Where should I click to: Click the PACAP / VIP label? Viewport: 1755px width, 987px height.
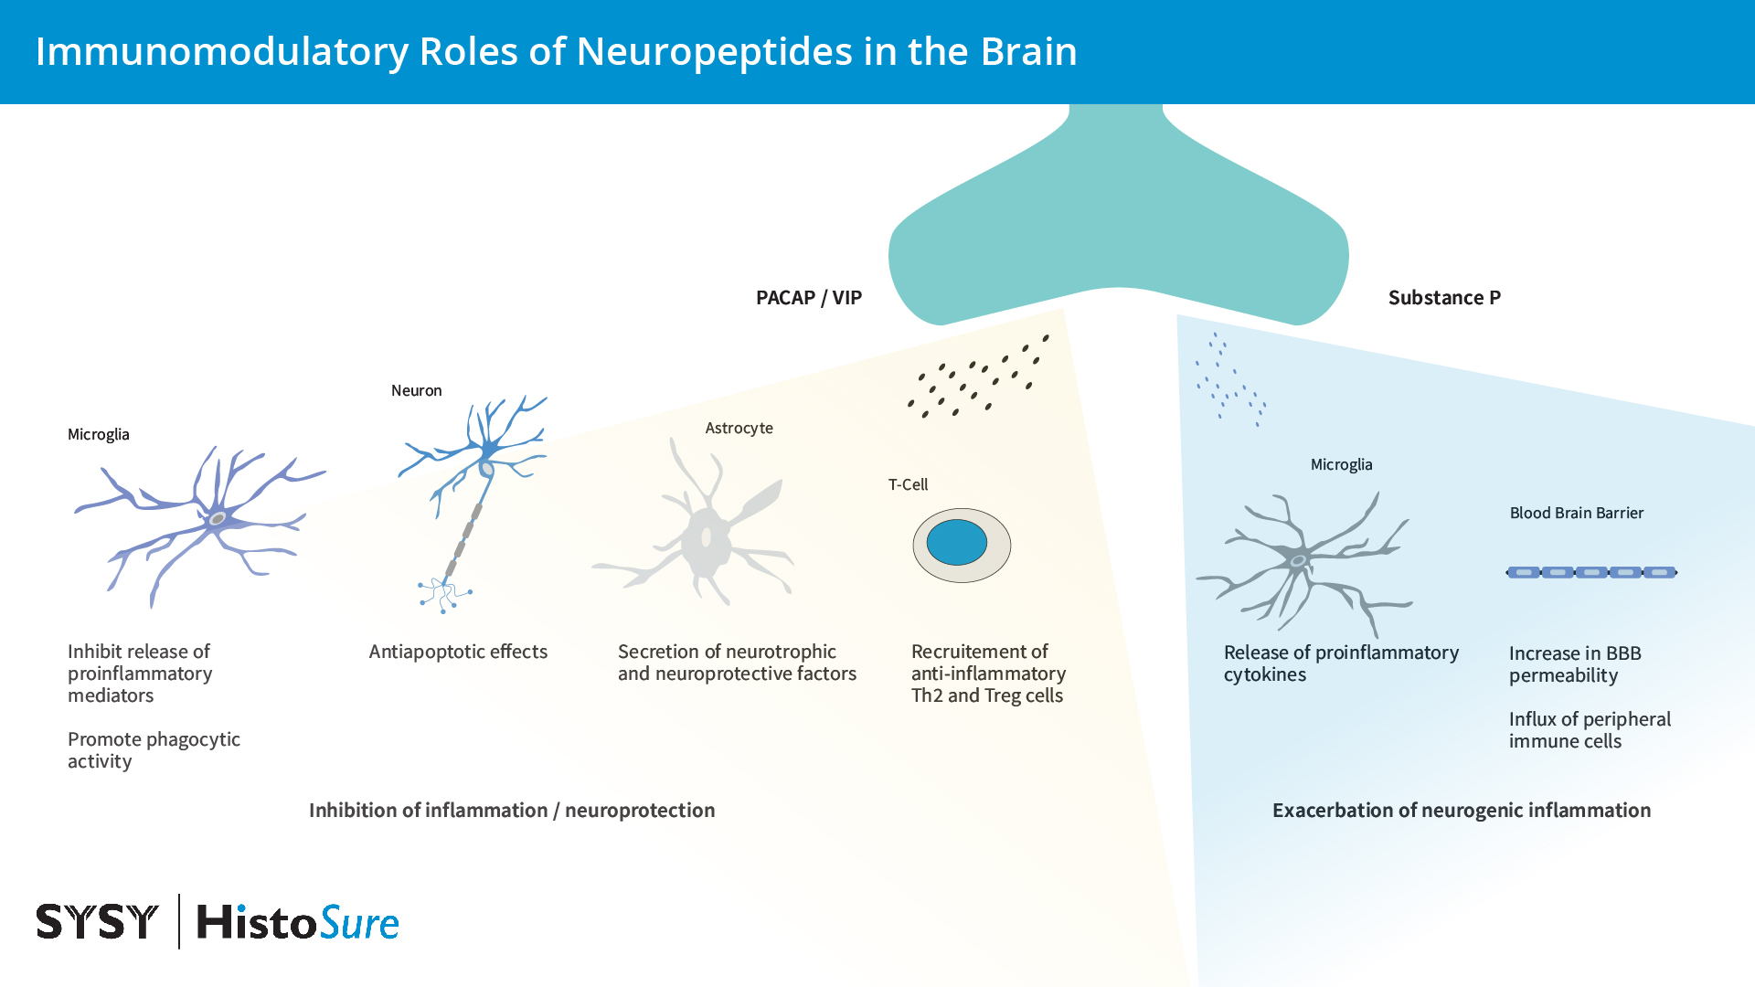(x=808, y=298)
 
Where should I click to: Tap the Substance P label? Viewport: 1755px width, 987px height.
(x=1443, y=298)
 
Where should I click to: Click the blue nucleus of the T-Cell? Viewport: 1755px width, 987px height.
(x=956, y=543)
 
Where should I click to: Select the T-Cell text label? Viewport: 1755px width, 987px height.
(x=908, y=484)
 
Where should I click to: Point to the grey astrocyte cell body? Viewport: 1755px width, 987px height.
(x=705, y=542)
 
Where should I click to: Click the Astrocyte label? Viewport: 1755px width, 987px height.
(x=739, y=428)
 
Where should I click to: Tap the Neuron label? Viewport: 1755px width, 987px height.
(x=416, y=390)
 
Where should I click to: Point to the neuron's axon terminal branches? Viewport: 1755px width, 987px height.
(x=444, y=594)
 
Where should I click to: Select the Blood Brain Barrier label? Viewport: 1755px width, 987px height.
(x=1576, y=513)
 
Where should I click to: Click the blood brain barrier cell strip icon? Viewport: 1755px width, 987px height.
(x=1591, y=572)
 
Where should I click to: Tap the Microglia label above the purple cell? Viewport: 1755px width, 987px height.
(x=98, y=434)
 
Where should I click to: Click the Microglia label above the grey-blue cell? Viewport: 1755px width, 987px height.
(x=1341, y=464)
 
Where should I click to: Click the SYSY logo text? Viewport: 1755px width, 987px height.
(x=97, y=921)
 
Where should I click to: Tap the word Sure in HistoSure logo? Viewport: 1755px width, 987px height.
(x=359, y=923)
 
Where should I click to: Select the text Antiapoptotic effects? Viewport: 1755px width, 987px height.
(x=458, y=652)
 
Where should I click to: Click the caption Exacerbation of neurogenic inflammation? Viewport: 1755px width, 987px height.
(x=1461, y=810)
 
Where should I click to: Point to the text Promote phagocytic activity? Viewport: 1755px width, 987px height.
(x=153, y=749)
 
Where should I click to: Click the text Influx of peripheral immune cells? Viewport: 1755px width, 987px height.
(x=1589, y=729)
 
